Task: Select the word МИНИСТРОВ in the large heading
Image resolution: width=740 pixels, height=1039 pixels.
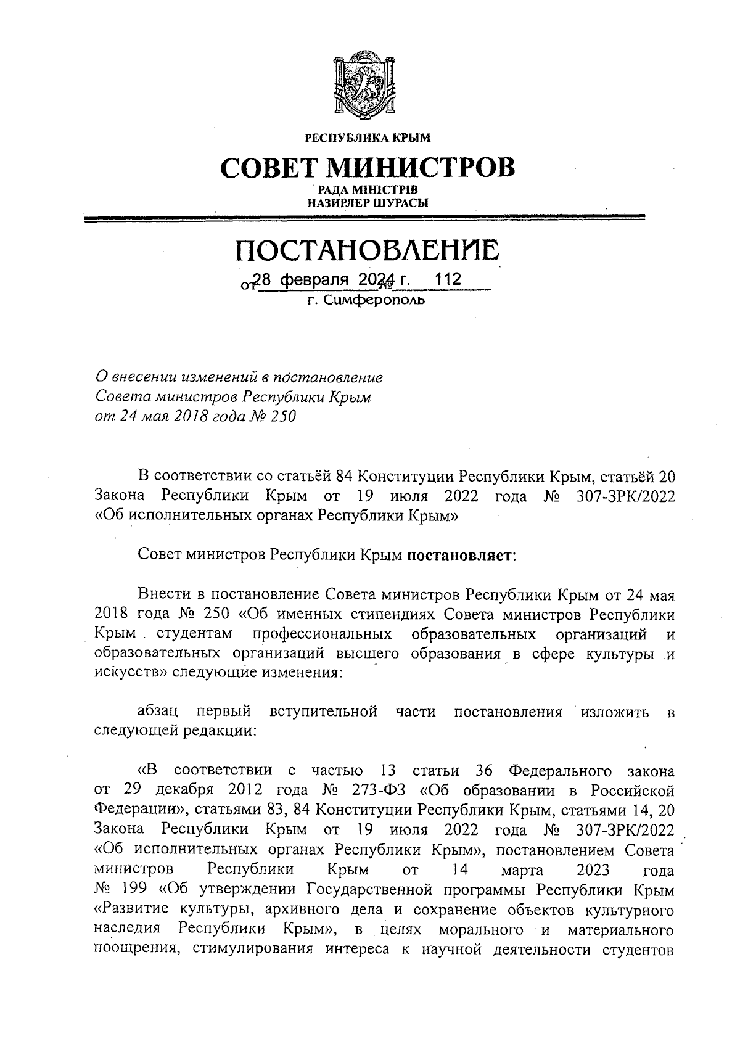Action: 420,168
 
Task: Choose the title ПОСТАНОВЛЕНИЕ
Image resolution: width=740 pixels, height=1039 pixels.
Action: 368,250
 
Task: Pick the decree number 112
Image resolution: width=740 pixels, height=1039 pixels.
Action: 448,280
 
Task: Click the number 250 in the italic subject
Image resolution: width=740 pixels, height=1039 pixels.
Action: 283,417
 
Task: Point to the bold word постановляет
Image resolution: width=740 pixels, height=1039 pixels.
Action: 458,555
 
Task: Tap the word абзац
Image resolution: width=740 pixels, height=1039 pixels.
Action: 158,712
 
